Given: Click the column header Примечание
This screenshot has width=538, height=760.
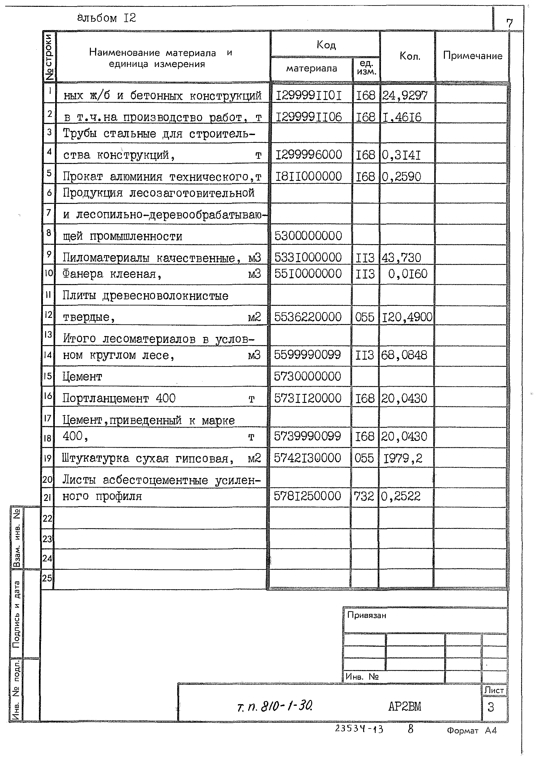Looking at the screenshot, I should tap(472, 56).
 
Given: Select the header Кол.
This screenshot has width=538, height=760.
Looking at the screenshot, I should tap(410, 56).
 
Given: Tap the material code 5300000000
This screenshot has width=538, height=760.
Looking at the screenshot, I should tap(308, 236).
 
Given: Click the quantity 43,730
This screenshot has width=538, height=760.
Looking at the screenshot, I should tap(401, 257).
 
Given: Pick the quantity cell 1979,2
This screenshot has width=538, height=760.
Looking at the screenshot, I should tap(403, 458).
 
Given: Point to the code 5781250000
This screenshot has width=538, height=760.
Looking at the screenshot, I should tap(307, 496).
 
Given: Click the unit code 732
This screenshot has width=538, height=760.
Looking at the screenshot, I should tap(364, 496).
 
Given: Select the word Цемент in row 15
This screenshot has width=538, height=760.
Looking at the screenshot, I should tap(82, 377).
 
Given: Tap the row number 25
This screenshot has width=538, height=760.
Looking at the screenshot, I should tap(47, 578).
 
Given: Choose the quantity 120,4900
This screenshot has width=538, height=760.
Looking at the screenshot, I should tap(407, 317).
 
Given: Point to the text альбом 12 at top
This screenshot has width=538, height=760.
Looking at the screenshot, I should tap(106, 18).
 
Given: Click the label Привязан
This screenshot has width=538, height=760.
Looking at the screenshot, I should tap(367, 616).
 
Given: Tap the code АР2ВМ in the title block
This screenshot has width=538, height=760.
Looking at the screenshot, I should tap(405, 707).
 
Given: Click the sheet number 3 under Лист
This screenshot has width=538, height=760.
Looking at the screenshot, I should tap(491, 707).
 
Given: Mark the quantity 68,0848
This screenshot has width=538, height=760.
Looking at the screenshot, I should tap(404, 355).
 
